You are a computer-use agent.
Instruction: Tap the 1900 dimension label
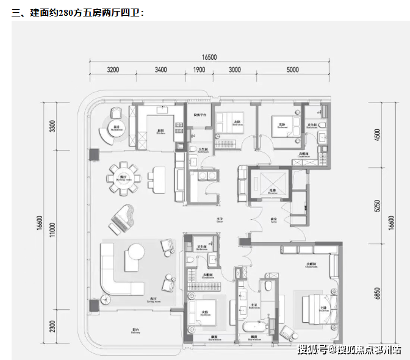tap(199, 70)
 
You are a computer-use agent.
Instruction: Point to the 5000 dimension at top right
tap(292, 70)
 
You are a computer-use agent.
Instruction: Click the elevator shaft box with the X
tap(270, 184)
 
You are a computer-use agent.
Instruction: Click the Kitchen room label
tap(160, 131)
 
